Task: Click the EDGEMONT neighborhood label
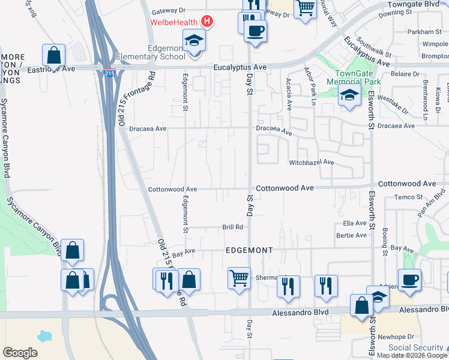[249, 250]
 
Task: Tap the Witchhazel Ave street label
[312, 163]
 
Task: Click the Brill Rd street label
[232, 227]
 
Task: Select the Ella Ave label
[354, 223]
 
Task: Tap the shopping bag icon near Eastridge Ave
[54, 55]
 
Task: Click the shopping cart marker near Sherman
[240, 278]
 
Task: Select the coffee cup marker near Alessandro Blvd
[409, 280]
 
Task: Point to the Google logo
[20, 353]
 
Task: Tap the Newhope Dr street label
[397, 337]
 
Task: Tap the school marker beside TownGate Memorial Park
[349, 96]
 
